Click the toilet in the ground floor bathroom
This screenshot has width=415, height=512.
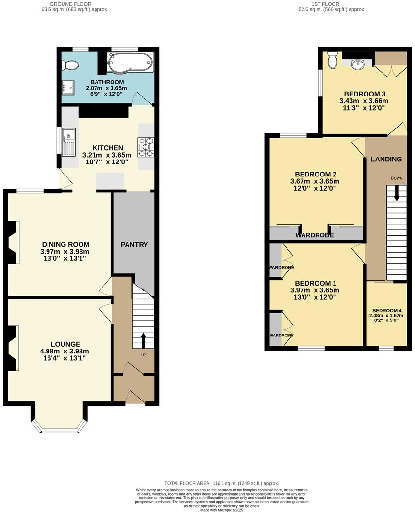tap(70, 64)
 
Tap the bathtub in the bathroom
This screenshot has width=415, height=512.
tap(130, 63)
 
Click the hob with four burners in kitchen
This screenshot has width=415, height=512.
tap(146, 147)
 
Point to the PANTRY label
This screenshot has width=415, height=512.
tap(134, 245)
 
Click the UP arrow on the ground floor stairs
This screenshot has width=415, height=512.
tap(144, 340)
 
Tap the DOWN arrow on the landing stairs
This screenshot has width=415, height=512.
tap(397, 193)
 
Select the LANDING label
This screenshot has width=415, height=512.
tap(386, 159)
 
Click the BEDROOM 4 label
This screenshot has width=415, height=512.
tap(387, 311)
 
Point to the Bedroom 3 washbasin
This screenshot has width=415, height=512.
tap(358, 63)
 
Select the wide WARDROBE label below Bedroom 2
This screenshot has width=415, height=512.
tap(315, 235)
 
